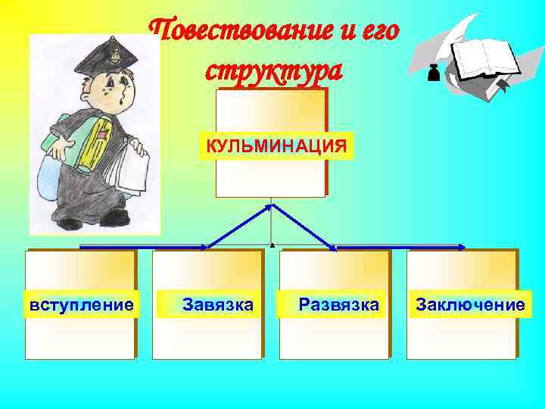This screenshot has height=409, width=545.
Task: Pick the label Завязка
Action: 217,304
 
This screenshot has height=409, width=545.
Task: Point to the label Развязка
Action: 338,304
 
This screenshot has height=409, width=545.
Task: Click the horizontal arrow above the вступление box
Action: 144,247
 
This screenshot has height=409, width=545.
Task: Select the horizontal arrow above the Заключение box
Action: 401,247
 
